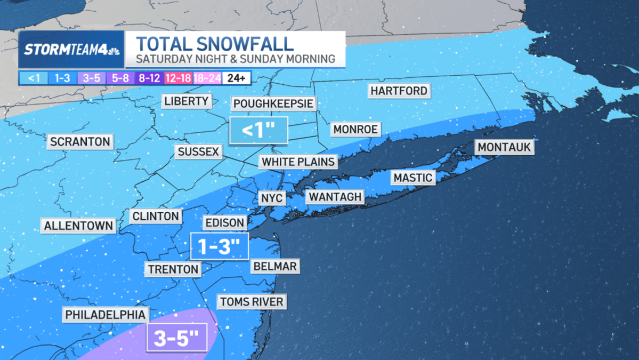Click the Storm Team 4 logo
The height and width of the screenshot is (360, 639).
point(71,50)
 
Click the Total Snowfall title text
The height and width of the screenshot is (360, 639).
point(214,44)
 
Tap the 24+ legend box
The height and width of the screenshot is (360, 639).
point(236,78)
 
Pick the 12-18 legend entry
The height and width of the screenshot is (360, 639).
point(178,78)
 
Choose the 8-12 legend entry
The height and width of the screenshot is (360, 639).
point(149,78)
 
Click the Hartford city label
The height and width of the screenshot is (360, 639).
point(399,91)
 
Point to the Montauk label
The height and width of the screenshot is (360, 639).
point(504,147)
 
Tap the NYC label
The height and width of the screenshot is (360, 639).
point(272,198)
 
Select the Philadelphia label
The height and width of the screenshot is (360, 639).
point(106,315)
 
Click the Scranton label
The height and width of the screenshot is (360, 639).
point(80,142)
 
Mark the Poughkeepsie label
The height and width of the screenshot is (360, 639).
point(273,103)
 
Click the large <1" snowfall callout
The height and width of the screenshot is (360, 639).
point(258,130)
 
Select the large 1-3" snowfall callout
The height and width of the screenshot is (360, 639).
point(219,246)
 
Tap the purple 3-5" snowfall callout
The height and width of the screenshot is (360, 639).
point(176,337)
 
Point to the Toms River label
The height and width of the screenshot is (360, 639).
point(252,302)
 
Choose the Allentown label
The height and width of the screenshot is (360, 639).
point(79,226)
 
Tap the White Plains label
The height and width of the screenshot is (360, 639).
point(298,162)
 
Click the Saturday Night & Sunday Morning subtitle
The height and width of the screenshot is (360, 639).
point(235,59)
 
